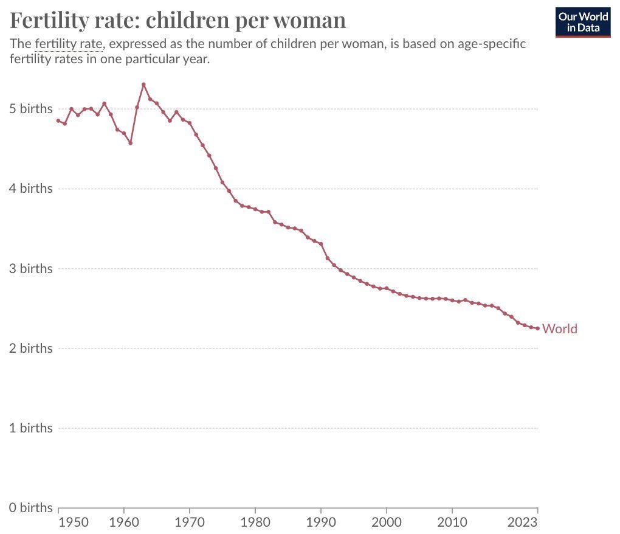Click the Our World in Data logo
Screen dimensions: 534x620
(583, 22)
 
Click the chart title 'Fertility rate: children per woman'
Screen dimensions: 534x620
(178, 21)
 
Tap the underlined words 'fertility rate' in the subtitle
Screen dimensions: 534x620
(68, 44)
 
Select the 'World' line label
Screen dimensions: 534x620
(560, 329)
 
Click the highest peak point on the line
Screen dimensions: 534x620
(143, 84)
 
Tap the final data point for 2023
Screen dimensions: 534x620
(537, 328)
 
